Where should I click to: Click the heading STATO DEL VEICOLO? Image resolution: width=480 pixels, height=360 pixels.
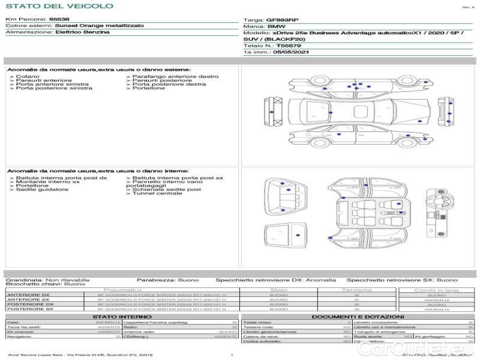pos(59,6)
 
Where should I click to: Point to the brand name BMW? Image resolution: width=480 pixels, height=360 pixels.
pos(277,27)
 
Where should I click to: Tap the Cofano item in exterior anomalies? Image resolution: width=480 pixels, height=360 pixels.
pos(28,76)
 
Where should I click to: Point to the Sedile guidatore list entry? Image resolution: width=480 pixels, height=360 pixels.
pos(42,190)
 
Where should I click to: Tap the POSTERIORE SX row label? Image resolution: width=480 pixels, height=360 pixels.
pos(29,309)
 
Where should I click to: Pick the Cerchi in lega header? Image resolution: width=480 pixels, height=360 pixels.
pos(436,290)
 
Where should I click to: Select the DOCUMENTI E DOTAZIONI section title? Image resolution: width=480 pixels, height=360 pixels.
pos(358,317)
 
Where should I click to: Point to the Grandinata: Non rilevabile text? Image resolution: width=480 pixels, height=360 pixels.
pos(47,280)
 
